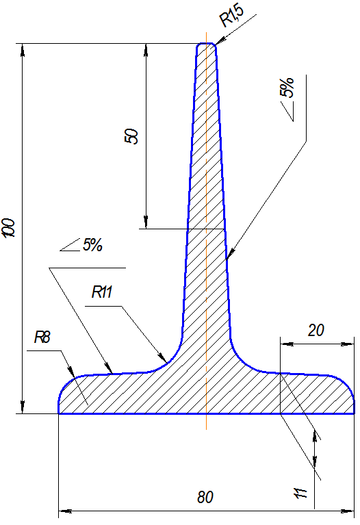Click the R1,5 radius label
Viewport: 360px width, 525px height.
point(232,16)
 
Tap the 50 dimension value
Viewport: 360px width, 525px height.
point(131,136)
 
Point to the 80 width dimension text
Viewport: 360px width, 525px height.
point(205,498)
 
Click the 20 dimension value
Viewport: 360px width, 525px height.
point(316,331)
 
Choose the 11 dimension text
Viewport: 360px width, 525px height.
point(300,494)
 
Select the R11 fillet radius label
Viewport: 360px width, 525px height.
point(102,292)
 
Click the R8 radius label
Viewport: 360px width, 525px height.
point(42,337)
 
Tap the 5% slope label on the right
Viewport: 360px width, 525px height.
point(287,88)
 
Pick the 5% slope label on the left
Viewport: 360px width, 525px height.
point(92,245)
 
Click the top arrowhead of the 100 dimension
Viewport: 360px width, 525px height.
point(23,49)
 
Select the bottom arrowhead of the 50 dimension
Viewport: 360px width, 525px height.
point(146,222)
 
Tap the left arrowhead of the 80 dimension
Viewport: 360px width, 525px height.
point(65,511)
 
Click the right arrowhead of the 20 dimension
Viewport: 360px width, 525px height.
point(348,344)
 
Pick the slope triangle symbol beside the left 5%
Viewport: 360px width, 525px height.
point(70,245)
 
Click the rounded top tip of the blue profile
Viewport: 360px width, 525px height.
point(206,44)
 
